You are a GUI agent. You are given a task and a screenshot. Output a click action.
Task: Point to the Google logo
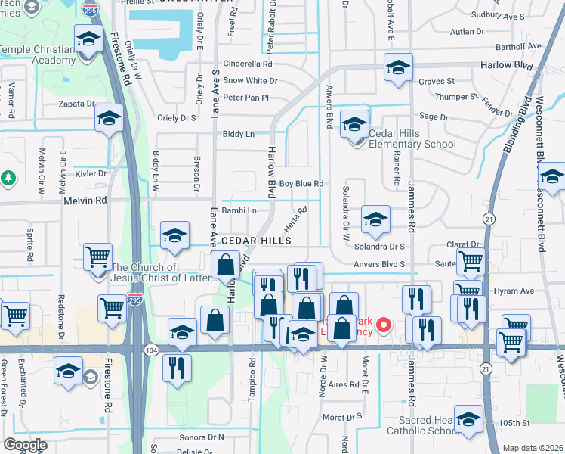tap(25, 445)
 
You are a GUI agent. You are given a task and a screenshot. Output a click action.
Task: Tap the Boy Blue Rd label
tap(301, 184)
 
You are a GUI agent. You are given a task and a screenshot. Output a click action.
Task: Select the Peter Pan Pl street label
tap(245, 98)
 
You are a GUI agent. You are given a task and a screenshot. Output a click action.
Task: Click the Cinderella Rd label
tap(247, 64)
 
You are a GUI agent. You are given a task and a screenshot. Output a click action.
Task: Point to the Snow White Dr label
tap(247, 81)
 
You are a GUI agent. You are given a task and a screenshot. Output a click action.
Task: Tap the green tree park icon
tap(8, 178)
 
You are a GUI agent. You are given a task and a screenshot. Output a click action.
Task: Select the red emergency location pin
tap(383, 326)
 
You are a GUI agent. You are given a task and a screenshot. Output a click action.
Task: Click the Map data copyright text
tap(533, 448)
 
